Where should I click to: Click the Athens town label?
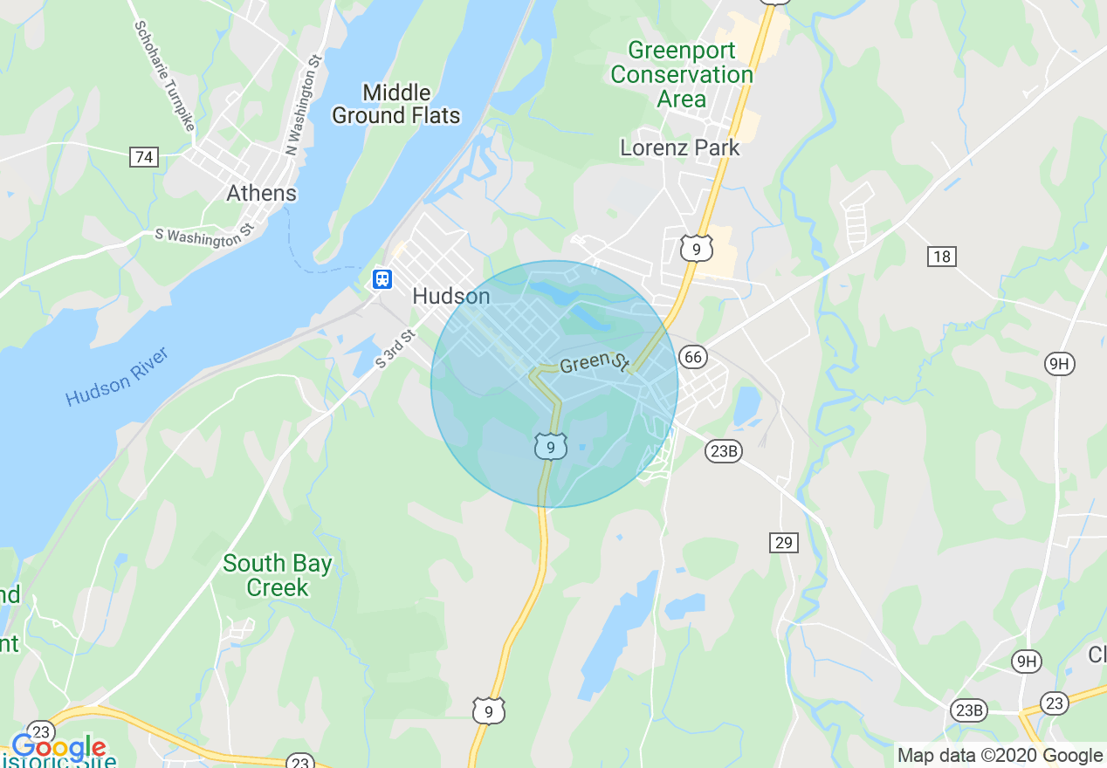coord(261,193)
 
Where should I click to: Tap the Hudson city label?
coord(450,297)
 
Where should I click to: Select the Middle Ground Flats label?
coord(396,104)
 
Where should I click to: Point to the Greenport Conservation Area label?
coord(682,74)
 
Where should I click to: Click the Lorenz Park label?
coord(680,147)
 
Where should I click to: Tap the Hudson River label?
coord(116,377)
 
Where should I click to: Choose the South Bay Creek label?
coord(278,575)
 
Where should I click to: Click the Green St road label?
coord(595,362)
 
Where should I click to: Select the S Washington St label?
coord(203,235)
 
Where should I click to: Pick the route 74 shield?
coord(144,157)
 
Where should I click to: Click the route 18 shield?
coord(942,256)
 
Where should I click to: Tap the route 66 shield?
coord(692,356)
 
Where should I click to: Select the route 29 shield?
coord(784,543)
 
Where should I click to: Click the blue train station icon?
coord(382,278)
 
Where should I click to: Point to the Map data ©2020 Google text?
coord(1000,756)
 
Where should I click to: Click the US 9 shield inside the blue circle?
coord(550,447)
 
